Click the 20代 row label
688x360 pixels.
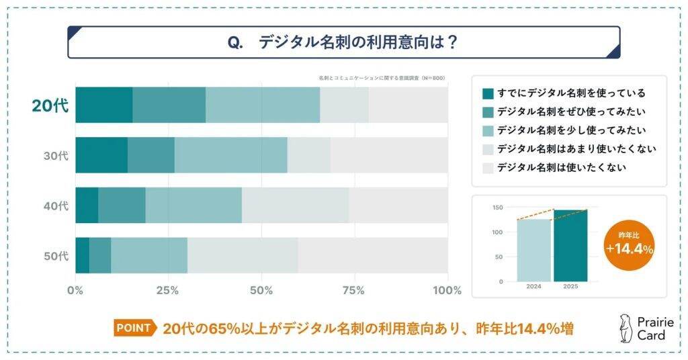[x=50, y=105]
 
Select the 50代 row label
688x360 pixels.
[x=56, y=255]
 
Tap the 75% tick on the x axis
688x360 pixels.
[x=353, y=291]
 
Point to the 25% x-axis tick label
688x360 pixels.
[x=167, y=291]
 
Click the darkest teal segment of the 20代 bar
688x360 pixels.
[x=103, y=105]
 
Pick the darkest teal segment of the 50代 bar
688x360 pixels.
[x=82, y=255]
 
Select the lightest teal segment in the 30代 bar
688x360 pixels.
[x=230, y=155]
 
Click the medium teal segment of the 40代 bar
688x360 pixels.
[x=122, y=205]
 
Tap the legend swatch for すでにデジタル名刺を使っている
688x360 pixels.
[x=488, y=93]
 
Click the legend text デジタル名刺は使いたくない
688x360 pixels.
[x=561, y=167]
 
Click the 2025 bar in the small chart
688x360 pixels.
[x=570, y=245]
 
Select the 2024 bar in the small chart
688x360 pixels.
[x=533, y=250]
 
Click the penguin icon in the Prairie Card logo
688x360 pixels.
[x=624, y=328]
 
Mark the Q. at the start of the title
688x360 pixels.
[x=235, y=42]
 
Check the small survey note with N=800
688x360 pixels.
[x=382, y=79]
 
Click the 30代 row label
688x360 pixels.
[x=56, y=155]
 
